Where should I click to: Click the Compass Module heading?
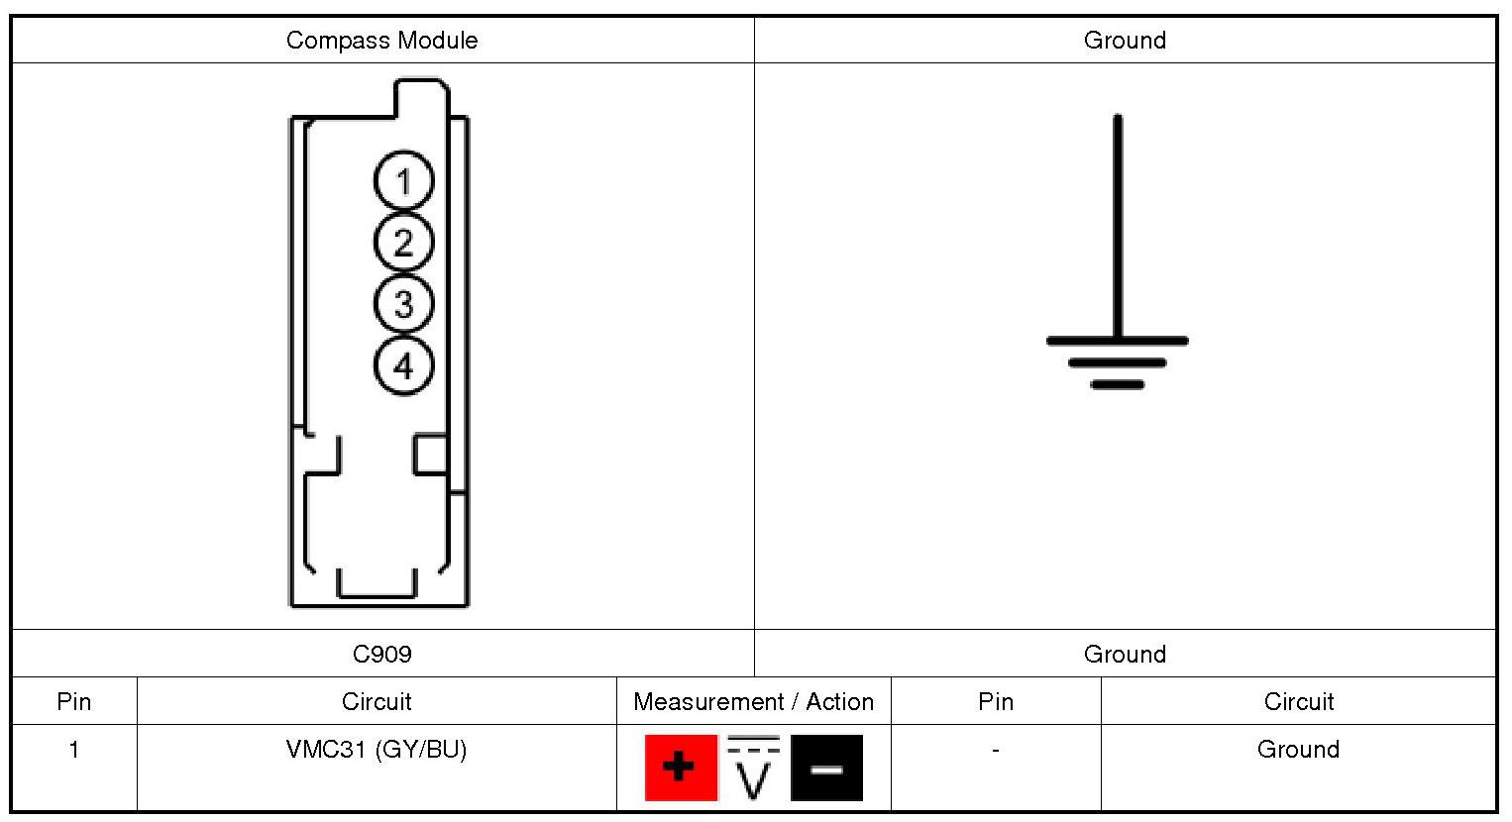[381, 41]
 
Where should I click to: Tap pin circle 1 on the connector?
[403, 181]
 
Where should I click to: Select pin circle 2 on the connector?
[403, 243]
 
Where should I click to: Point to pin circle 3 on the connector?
[403, 304]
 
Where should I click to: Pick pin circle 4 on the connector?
[403, 365]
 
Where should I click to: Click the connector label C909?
[381, 654]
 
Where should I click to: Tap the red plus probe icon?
[681, 768]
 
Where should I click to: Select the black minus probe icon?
[826, 768]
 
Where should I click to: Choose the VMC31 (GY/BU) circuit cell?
[377, 750]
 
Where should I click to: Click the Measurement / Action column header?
[753, 701]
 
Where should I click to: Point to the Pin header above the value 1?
[74, 701]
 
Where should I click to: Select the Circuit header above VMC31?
[377, 701]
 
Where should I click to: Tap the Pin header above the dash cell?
[996, 701]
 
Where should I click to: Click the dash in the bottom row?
[996, 751]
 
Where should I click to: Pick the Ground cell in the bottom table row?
[1298, 750]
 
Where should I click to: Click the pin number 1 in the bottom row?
[74, 750]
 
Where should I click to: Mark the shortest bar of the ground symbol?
[1118, 384]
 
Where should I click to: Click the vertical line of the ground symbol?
[1118, 228]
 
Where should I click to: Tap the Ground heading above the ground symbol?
[1125, 41]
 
